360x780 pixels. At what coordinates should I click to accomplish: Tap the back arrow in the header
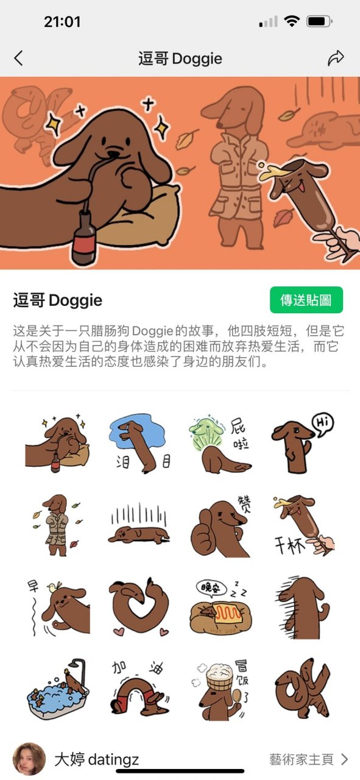tap(18, 58)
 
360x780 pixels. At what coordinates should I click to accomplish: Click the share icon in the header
tap(336, 58)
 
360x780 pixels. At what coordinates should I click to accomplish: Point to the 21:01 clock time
tap(62, 22)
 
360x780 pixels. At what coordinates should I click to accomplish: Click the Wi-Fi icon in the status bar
tap(292, 22)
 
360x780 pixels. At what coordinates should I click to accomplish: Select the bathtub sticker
tap(58, 689)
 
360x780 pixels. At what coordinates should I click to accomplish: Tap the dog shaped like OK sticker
tap(302, 689)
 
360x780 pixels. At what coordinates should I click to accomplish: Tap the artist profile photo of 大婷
tap(29, 759)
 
